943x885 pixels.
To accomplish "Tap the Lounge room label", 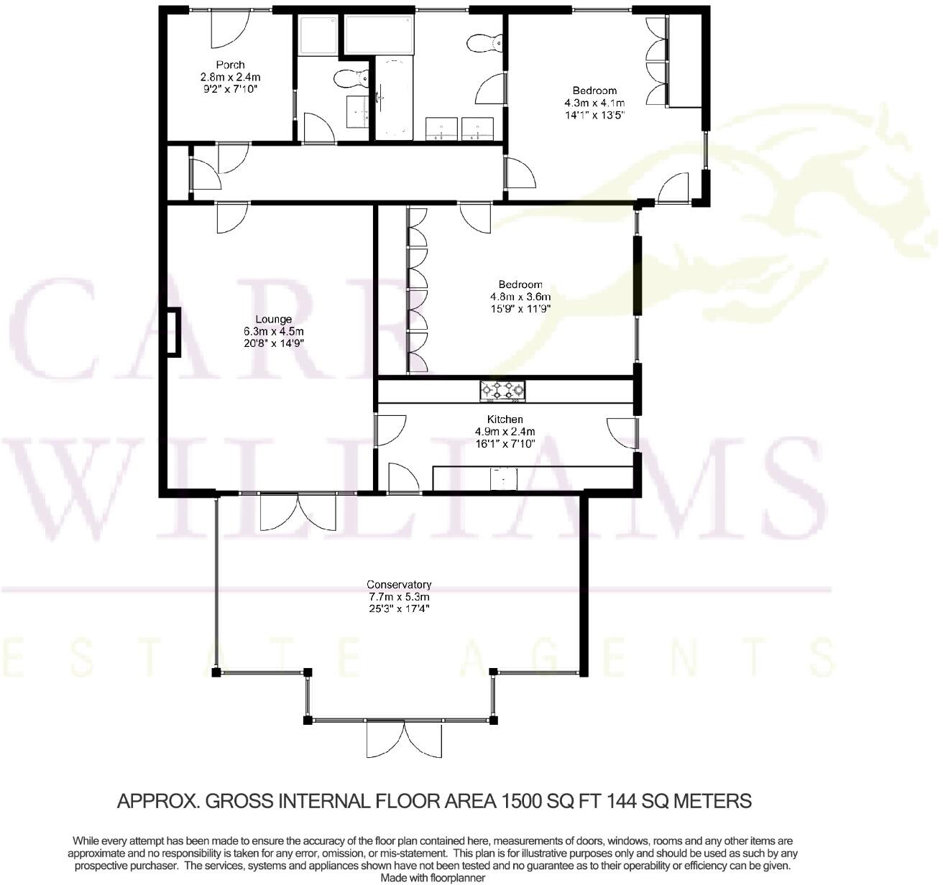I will [x=273, y=320].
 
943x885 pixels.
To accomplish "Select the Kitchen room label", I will [x=505, y=420].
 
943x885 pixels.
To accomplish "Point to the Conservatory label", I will [x=398, y=585].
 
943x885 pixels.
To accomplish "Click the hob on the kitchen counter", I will [x=502, y=391].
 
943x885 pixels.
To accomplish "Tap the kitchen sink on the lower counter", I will [x=504, y=479].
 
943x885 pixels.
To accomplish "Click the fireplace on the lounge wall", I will [x=173, y=332].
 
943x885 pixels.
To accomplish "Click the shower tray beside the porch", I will [x=317, y=34].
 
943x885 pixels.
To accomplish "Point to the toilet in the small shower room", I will [x=350, y=78].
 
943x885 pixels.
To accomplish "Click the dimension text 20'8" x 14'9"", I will [x=273, y=343].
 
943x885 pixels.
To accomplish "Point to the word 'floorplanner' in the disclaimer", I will [x=454, y=878].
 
